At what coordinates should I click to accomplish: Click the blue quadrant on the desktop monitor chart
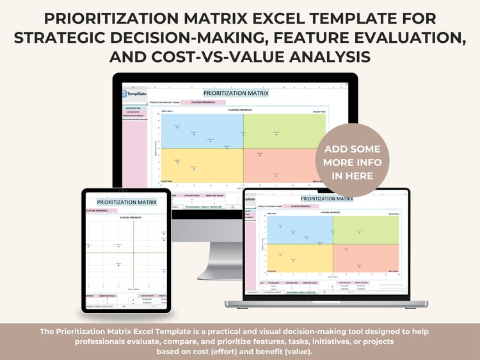point(202,132)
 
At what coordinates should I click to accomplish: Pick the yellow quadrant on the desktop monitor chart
point(202,165)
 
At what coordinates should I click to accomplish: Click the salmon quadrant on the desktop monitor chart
point(282,165)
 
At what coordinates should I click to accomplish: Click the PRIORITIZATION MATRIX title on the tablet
point(126,202)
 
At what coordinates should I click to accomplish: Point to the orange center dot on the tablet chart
point(134,252)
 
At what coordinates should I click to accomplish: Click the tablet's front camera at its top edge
point(126,191)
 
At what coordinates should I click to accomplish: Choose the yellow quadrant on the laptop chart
point(298,256)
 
